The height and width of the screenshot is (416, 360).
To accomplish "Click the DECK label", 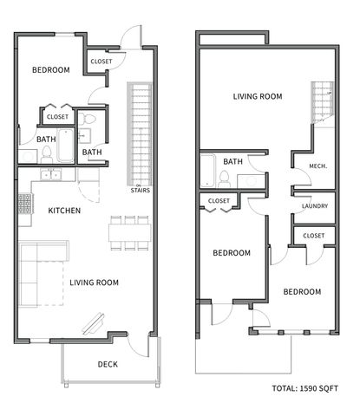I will tap(107, 364).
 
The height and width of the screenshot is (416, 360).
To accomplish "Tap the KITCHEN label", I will tap(64, 211).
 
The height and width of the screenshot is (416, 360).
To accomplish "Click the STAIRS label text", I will tap(138, 191).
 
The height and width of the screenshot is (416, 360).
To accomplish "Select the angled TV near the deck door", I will tap(91, 324).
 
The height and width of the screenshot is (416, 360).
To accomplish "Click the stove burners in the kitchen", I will tap(23, 205).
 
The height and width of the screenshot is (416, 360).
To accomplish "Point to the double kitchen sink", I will tap(53, 176).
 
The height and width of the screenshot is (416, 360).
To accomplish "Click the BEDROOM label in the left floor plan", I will tap(50, 70).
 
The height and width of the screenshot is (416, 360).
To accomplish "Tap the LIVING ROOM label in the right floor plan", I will tap(258, 96).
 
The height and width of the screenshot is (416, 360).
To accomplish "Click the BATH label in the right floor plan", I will tap(232, 162).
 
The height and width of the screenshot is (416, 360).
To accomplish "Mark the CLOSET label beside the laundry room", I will tap(314, 235).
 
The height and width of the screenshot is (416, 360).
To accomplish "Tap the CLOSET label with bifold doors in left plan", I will tap(57, 117).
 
